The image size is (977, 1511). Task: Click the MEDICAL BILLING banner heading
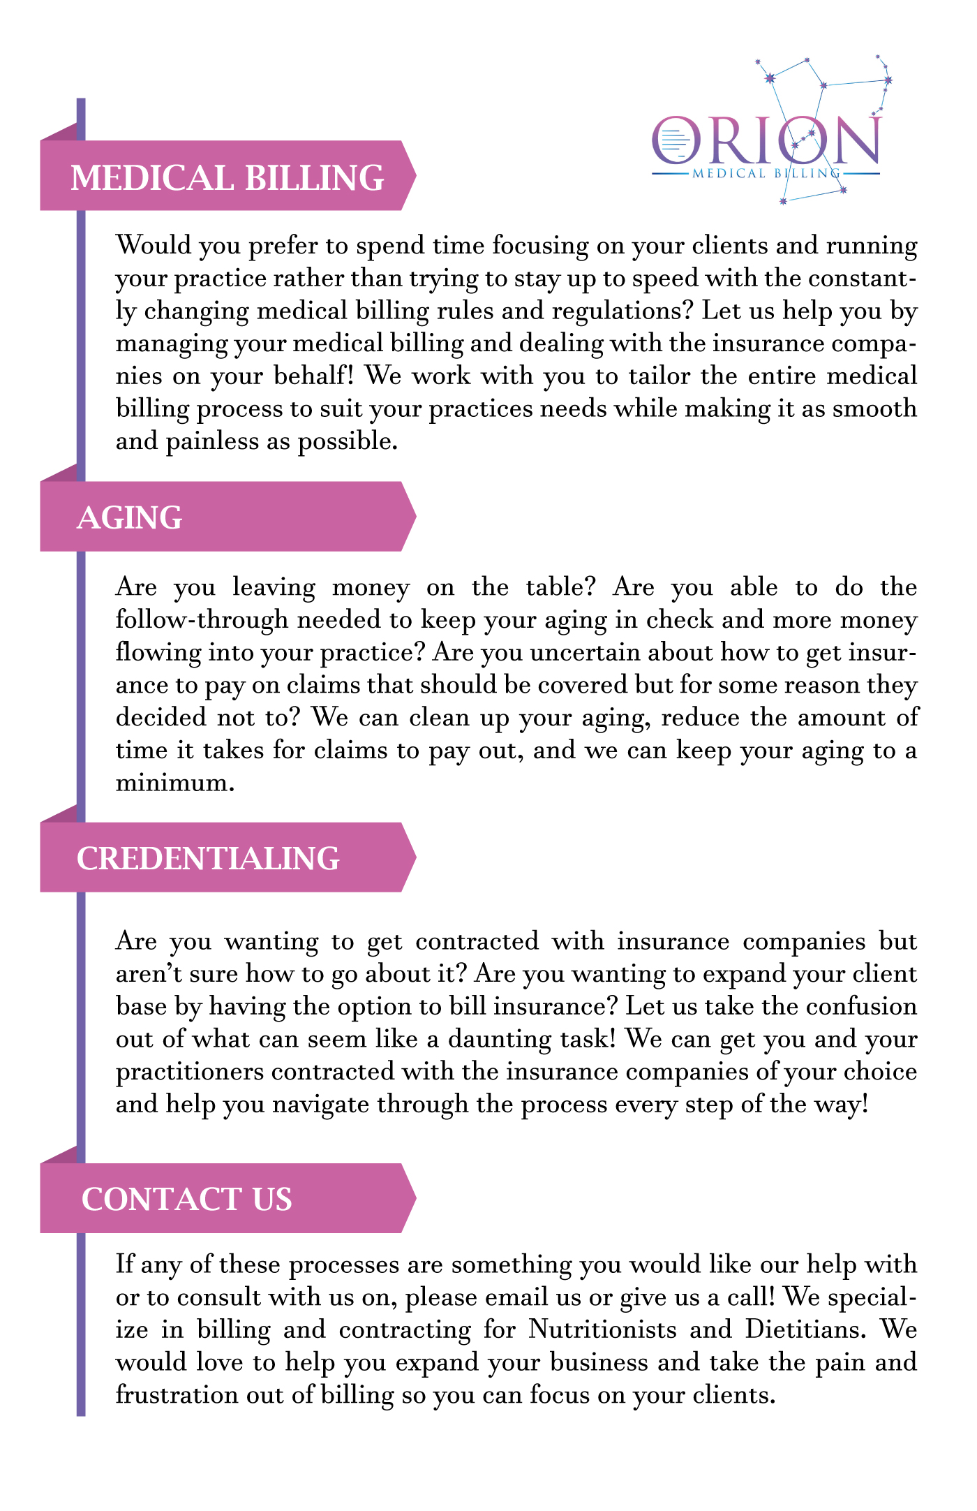pyautogui.click(x=228, y=177)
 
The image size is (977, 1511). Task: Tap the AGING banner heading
pyautogui.click(x=130, y=518)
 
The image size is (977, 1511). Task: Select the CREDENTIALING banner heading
pyautogui.click(x=208, y=859)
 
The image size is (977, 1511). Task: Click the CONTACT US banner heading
pyautogui.click(x=186, y=1200)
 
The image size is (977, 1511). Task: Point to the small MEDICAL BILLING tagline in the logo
pyautogui.click(x=766, y=173)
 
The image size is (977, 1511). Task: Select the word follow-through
pyautogui.click(x=202, y=619)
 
